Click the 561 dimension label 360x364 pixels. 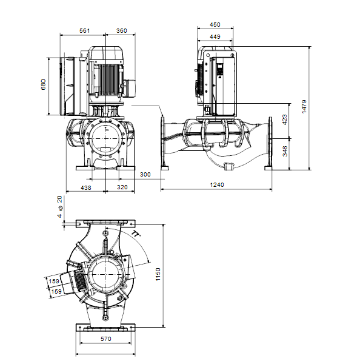tap(84, 31)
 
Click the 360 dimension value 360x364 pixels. tap(122, 31)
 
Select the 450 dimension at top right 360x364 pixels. tap(215, 25)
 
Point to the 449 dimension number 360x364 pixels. tap(215, 36)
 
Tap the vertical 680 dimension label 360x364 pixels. tap(44, 84)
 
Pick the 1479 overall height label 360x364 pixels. tap(304, 107)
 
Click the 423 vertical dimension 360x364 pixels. tap(285, 120)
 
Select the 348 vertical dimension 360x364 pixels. tap(285, 151)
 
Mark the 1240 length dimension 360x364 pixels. tap(217, 185)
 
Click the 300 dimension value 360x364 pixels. tap(145, 174)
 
